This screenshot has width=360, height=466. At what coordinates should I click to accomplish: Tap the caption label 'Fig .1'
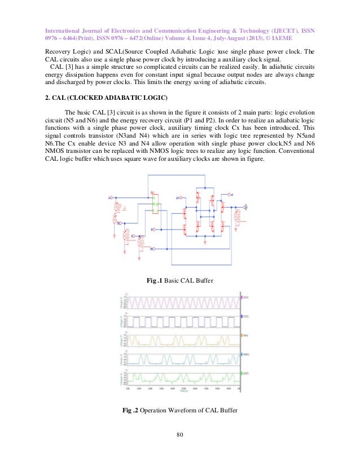(x=155, y=280)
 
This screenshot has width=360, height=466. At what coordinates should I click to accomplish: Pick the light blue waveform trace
(x=169, y=359)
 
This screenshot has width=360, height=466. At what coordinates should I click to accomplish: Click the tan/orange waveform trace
(x=169, y=340)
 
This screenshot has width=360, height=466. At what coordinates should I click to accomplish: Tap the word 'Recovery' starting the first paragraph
(x=58, y=52)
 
